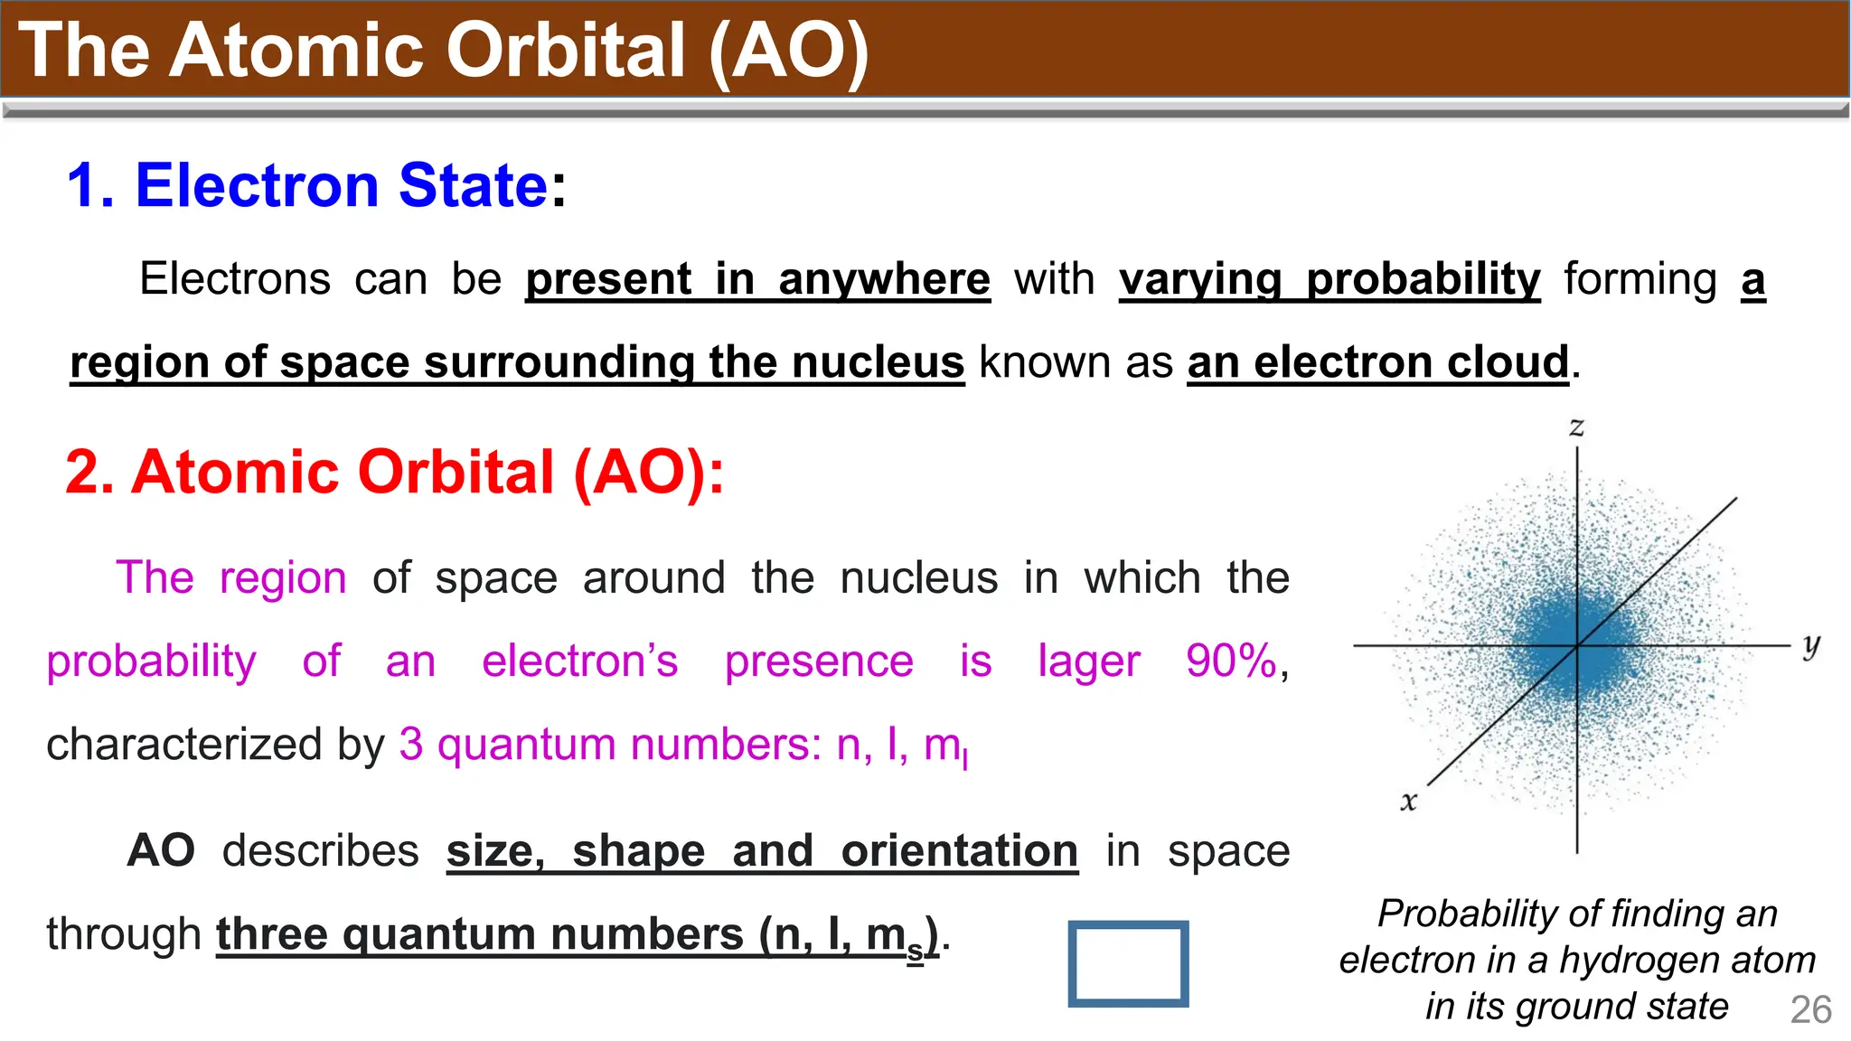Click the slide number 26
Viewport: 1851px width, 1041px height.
click(1810, 1010)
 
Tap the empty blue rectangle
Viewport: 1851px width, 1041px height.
click(1127, 963)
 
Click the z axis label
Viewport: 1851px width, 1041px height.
click(1576, 427)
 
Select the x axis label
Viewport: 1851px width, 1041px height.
click(1408, 802)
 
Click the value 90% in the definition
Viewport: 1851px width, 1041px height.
click(1231, 661)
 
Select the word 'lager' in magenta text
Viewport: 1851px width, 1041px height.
click(1088, 662)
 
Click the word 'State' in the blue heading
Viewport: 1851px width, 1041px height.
click(473, 185)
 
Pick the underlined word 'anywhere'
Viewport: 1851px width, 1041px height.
click(884, 279)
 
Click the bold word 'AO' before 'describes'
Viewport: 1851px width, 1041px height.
click(161, 850)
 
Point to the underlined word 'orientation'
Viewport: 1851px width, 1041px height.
click(959, 851)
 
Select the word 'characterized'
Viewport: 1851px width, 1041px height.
click(183, 745)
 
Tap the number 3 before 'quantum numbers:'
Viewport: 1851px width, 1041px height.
click(411, 745)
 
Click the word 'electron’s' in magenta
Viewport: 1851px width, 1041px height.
click(579, 661)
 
